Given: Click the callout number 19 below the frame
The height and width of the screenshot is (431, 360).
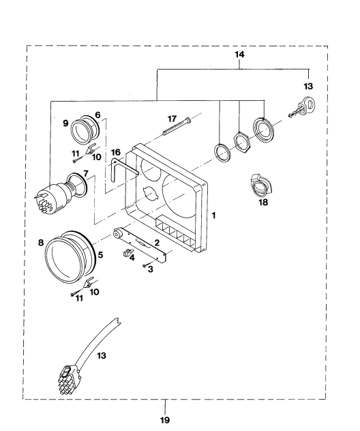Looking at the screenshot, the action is coord(165,420).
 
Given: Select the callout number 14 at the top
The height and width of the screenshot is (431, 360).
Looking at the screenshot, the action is coord(239,55).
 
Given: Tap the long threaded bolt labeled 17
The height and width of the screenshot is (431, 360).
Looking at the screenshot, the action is coord(177,126).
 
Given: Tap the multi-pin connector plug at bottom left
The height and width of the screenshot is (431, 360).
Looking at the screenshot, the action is coord(70,379).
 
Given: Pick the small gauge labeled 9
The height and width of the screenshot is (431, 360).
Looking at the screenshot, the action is coord(84,130).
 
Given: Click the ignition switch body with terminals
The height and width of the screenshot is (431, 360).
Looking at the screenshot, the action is coord(54,197).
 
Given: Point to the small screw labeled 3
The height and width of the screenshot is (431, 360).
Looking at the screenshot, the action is coord(145,265).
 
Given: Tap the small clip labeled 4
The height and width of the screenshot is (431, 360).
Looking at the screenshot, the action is coord(127,252).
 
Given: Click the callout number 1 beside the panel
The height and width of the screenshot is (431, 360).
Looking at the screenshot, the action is coord(213,215).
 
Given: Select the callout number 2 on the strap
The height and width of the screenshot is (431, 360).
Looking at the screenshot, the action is coord(157,243).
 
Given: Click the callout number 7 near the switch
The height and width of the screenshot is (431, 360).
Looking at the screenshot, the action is coord(86,174).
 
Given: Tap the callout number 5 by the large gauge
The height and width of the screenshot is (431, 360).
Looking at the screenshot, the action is coord(100,255).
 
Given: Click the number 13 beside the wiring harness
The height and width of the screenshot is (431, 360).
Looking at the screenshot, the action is coord(102,356).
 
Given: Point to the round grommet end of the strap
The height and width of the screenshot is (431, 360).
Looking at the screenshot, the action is coord(119,235).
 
